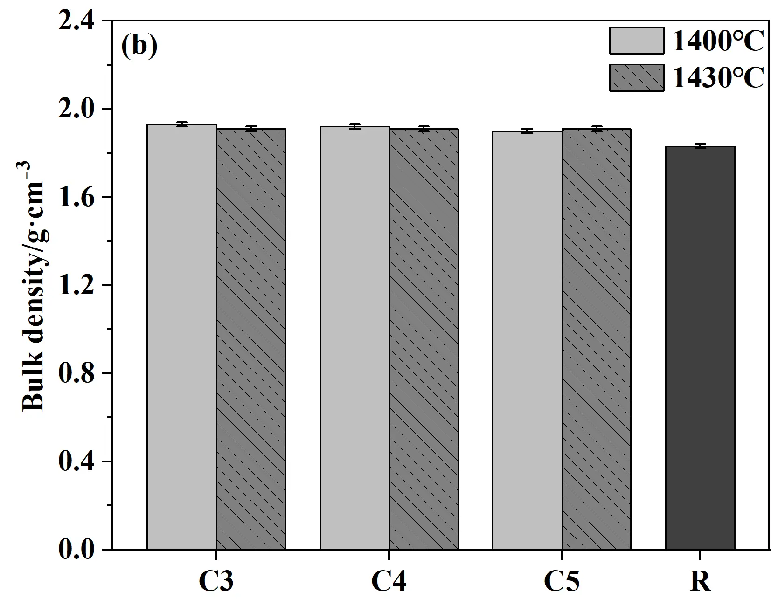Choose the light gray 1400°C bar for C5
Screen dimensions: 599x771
coord(527,340)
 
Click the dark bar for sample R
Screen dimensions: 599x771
coord(700,348)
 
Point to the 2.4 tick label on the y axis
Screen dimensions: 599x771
coord(76,21)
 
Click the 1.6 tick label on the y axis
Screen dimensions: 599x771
coord(76,197)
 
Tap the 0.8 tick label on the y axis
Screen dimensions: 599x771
coord(76,373)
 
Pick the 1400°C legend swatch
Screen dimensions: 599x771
coord(636,41)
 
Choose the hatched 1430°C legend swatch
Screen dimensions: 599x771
coord(636,77)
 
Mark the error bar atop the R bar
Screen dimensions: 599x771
coord(700,146)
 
